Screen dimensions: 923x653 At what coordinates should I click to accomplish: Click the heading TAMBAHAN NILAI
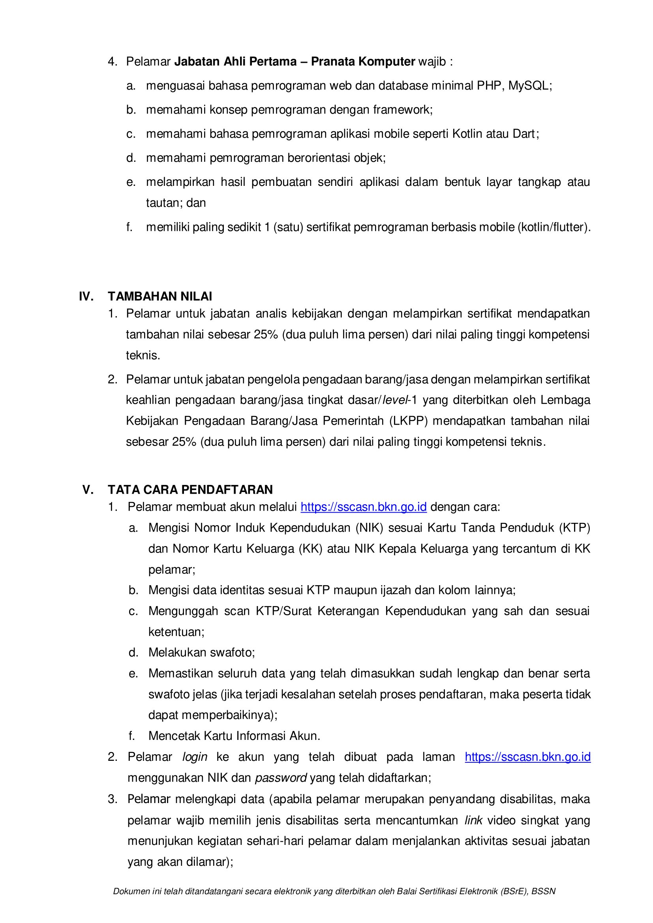tap(159, 296)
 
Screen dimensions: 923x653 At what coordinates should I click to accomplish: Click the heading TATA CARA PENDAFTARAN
tap(190, 489)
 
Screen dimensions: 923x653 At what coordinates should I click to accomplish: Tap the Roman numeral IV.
tap(86, 296)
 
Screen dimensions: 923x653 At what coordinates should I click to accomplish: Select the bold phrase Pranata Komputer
tap(363, 62)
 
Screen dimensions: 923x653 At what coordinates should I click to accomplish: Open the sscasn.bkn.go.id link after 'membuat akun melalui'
tap(364, 507)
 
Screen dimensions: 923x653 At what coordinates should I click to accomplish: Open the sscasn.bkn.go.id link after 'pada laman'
tap(527, 757)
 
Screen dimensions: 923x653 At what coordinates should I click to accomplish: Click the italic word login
tap(195, 757)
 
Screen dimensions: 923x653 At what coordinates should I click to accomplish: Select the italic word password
tap(281, 778)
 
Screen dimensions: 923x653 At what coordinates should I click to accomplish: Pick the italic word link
tap(473, 820)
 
